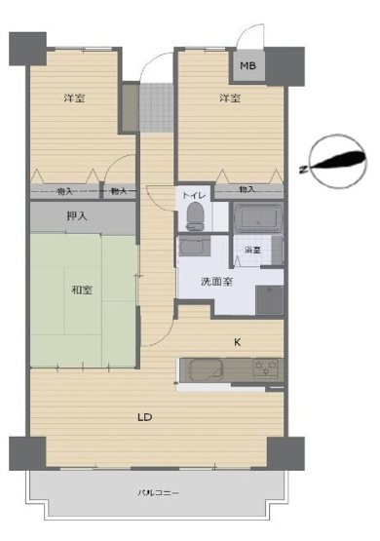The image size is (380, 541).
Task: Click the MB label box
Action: point(248,66)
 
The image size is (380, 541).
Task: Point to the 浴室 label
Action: point(252,251)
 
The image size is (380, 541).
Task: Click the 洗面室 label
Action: point(215,282)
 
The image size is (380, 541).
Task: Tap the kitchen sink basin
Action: point(205,370)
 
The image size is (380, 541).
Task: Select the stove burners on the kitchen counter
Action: point(265,368)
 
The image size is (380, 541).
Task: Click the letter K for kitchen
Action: point(237,341)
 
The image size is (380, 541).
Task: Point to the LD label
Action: point(144,417)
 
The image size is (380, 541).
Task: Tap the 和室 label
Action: point(81,290)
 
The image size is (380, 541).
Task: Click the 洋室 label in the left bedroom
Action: point(74,97)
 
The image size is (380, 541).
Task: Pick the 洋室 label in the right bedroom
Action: point(230,97)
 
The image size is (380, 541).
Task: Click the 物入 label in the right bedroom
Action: point(247,189)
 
